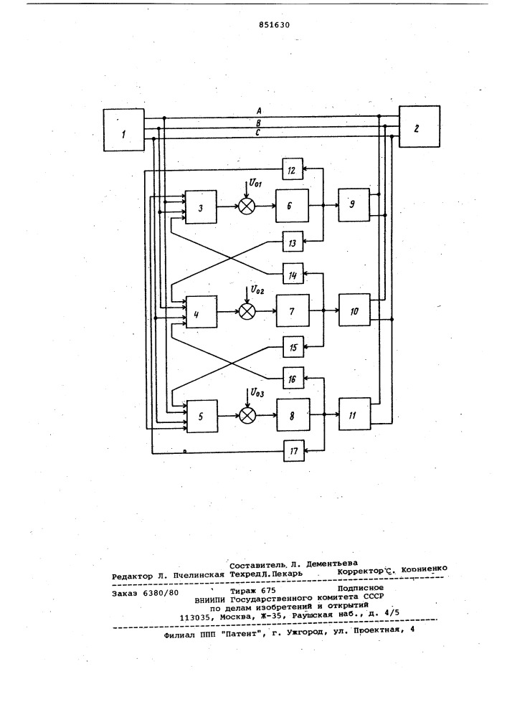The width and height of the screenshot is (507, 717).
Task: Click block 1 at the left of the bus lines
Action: pyautogui.click(x=124, y=130)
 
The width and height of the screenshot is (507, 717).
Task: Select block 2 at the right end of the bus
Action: pyautogui.click(x=420, y=127)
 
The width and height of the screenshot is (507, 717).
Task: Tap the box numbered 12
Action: pyautogui.click(x=293, y=170)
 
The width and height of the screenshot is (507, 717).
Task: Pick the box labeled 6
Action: pyautogui.click(x=292, y=206)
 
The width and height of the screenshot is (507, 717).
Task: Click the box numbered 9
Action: pyautogui.click(x=354, y=204)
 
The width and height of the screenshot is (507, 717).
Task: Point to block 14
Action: pyautogui.click(x=293, y=275)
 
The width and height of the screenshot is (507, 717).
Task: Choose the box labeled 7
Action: pyautogui.click(x=293, y=311)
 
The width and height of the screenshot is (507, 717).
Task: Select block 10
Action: pyautogui.click(x=354, y=310)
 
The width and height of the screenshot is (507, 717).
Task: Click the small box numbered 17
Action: pyautogui.click(x=293, y=451)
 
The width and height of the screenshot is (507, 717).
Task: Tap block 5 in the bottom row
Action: pyautogui.click(x=202, y=417)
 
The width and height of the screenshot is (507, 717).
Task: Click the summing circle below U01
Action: pyautogui.click(x=247, y=206)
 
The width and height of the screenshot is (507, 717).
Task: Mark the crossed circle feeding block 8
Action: pyautogui.click(x=247, y=415)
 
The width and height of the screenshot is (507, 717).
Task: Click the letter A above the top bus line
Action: pyautogui.click(x=259, y=110)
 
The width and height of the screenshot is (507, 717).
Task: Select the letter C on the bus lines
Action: pyautogui.click(x=258, y=133)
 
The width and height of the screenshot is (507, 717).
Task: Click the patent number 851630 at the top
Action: pyautogui.click(x=274, y=24)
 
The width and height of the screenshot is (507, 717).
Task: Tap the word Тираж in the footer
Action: pyautogui.click(x=242, y=590)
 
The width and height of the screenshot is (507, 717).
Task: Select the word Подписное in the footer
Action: pyautogui.click(x=361, y=588)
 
